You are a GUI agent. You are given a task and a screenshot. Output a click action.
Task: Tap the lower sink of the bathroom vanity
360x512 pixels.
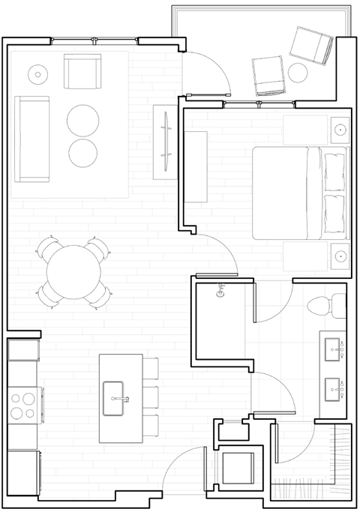[x=332, y=388]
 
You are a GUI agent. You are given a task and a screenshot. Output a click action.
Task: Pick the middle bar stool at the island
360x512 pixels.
[x=150, y=396]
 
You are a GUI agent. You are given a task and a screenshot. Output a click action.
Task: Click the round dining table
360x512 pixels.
[x=73, y=271]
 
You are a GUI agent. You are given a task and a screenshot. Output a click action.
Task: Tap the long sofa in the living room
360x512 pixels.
[x=31, y=139]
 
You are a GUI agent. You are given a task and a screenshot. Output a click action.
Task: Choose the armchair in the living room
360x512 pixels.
[x=82, y=72]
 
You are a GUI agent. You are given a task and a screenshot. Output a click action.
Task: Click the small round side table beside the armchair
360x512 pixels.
[x=37, y=73]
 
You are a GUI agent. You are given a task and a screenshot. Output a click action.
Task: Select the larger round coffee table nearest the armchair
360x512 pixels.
[x=83, y=118]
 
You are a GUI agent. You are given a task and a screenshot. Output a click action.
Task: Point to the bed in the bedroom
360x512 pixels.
[x=299, y=192]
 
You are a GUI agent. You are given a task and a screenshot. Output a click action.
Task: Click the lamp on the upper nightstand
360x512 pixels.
[x=340, y=130]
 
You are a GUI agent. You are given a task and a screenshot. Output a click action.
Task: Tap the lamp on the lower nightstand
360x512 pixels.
[x=340, y=255]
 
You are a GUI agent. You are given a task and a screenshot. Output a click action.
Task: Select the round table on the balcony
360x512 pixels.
[x=298, y=73]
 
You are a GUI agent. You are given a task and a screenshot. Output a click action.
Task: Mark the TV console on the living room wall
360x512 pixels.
[x=165, y=142]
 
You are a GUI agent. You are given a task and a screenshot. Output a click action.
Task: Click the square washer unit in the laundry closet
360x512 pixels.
[x=238, y=469]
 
